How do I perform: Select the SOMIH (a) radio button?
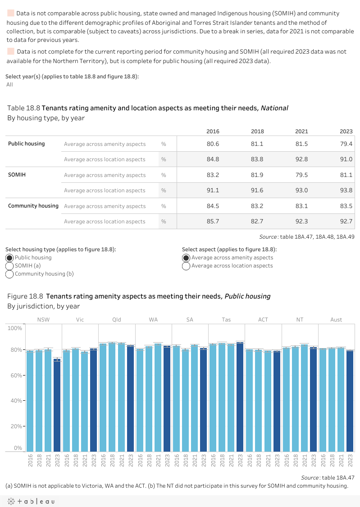(x=9, y=266)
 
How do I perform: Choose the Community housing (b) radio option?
(x=9, y=274)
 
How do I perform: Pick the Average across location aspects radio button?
(x=186, y=266)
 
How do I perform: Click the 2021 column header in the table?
(x=301, y=131)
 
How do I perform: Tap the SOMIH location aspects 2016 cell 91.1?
(x=213, y=190)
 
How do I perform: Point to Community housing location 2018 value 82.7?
(x=257, y=222)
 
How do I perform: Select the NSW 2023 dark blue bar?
(x=57, y=405)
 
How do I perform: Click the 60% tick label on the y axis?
(x=15, y=375)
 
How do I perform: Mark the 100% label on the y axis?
(x=14, y=328)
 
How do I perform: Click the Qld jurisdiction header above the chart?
(x=117, y=320)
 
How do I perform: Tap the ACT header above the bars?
(x=263, y=320)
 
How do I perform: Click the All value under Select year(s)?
(x=10, y=85)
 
